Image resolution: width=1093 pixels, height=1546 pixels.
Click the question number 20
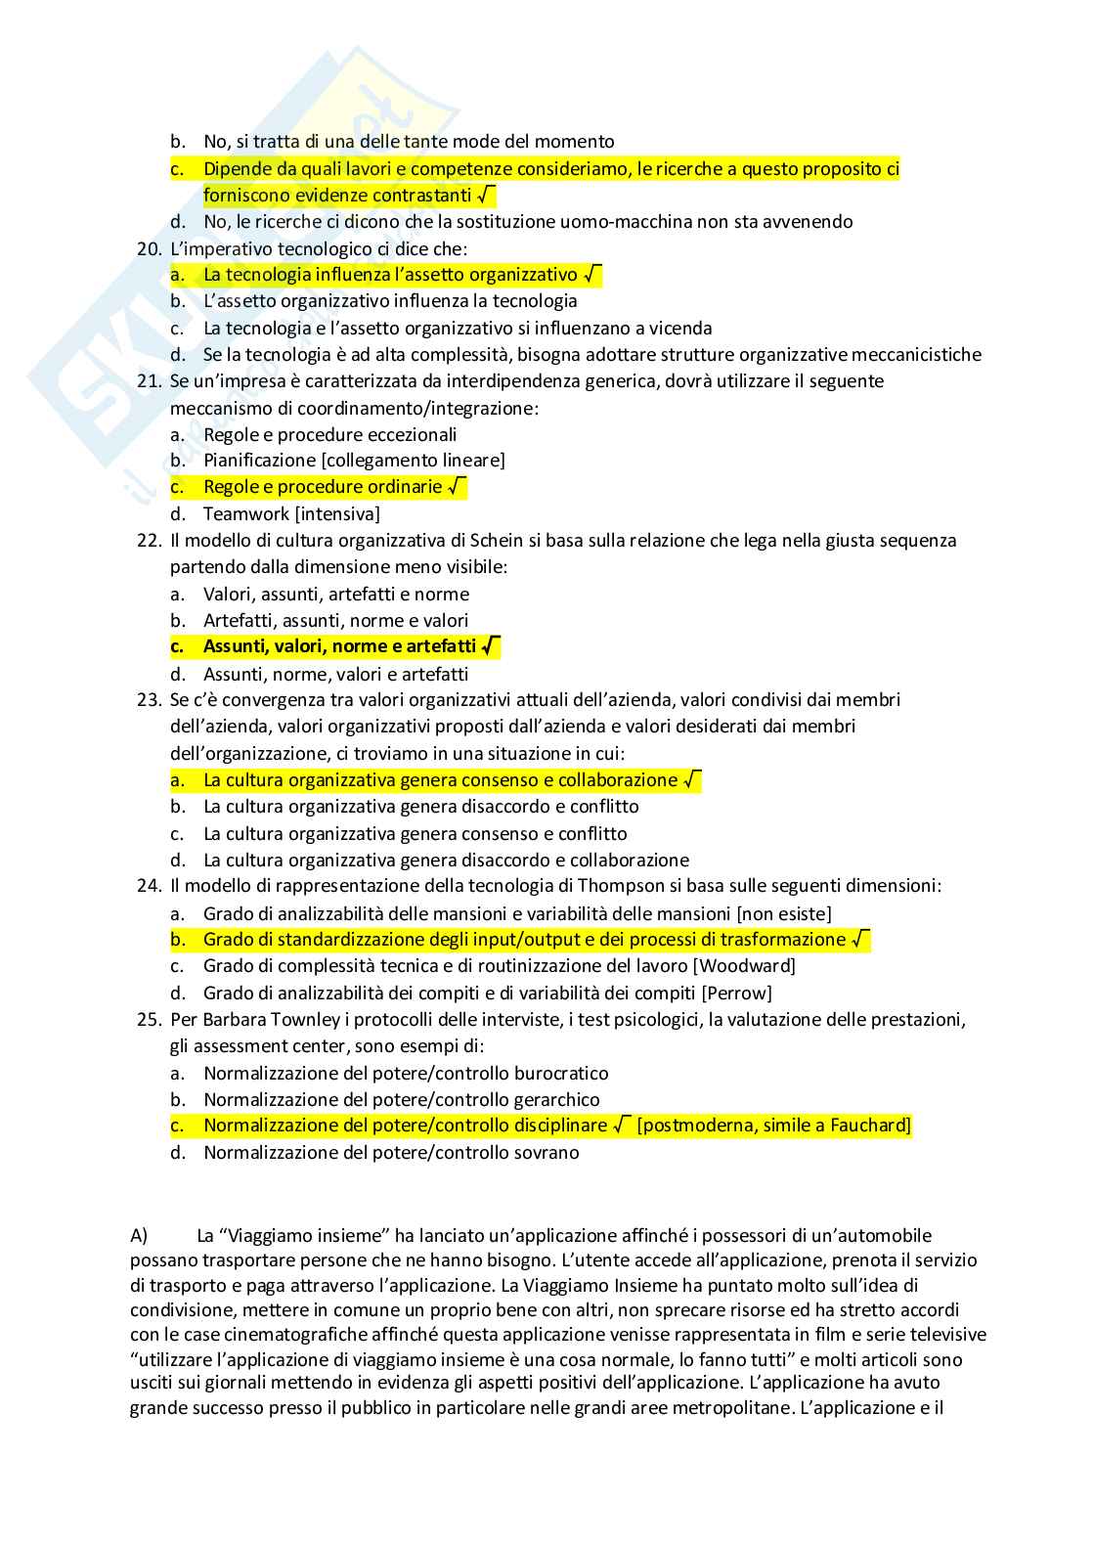coord(149,248)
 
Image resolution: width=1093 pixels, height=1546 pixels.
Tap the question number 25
coord(149,1020)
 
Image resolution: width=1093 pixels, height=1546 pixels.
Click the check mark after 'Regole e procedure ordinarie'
coord(457,486)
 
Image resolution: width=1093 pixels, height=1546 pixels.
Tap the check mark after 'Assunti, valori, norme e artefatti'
coord(491,645)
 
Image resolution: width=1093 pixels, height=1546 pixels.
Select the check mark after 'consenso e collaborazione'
coord(691,779)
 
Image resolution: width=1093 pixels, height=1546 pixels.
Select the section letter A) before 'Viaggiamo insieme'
coord(139,1235)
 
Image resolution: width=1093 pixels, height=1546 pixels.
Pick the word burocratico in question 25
coord(559,1074)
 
